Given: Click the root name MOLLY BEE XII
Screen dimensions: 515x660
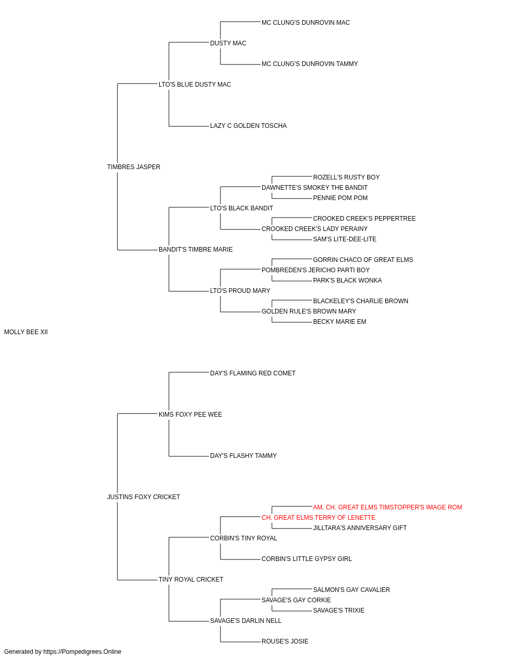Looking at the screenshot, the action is point(26,332).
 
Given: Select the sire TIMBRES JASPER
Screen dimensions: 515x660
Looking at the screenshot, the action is point(133,167).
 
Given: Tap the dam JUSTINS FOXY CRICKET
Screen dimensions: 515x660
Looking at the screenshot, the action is point(144,497).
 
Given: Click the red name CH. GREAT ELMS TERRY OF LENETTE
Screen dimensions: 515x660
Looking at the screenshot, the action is point(318,518).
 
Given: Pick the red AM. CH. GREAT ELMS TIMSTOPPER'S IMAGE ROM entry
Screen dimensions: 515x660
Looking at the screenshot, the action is point(387,507).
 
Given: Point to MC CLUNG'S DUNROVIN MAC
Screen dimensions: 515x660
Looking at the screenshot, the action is point(305,23).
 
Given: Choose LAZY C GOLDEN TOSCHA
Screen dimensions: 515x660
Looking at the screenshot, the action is point(248,126).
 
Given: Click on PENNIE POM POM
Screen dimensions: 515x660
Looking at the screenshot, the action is point(340,198).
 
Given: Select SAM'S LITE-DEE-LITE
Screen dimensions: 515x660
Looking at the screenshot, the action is point(345,239).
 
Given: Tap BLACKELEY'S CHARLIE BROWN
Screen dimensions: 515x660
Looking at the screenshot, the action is point(360,301).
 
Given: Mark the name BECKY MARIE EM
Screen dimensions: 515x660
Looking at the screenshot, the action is point(339,322).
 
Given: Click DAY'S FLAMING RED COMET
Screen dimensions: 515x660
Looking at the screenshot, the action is point(253,373).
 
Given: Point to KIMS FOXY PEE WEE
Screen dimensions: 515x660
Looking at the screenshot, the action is point(190,415).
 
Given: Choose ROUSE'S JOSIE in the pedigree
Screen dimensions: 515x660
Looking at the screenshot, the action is point(285,641).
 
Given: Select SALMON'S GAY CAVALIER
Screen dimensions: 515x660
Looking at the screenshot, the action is point(351,590).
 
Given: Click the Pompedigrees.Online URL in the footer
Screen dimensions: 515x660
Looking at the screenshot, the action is point(82,652).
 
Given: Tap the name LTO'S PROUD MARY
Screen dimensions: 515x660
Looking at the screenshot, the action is point(240,291).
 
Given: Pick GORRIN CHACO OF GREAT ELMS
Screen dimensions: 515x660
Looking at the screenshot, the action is point(363,260).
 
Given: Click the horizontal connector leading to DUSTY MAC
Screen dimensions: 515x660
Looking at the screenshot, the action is point(189,42).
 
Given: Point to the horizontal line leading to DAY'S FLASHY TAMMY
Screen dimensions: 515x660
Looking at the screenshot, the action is point(189,456).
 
